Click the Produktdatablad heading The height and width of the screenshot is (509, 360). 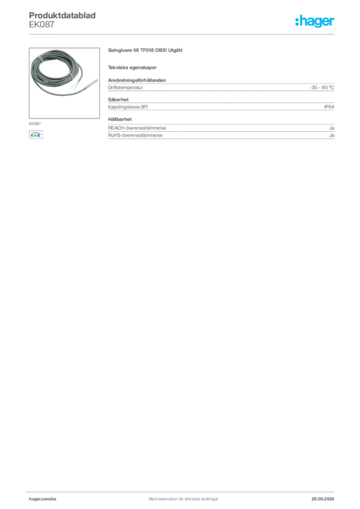[x=62, y=15]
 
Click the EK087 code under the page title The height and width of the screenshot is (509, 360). [x=42, y=25]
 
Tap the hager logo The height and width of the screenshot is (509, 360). [x=315, y=21]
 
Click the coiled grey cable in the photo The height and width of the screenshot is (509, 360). [x=56, y=72]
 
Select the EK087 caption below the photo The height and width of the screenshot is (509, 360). [x=35, y=124]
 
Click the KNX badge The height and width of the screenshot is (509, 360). [x=36, y=135]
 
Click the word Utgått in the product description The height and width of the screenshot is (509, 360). [x=176, y=50]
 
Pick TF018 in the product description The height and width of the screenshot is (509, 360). [x=147, y=50]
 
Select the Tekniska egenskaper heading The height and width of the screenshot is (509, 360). [x=132, y=68]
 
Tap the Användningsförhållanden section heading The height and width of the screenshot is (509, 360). [x=137, y=80]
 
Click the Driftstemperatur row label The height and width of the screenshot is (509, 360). [x=125, y=87]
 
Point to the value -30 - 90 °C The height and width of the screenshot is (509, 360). [x=322, y=87]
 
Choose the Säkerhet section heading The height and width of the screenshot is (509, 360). [x=118, y=99]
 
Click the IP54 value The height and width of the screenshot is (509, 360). [x=329, y=107]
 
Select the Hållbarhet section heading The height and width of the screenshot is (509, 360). [x=120, y=119]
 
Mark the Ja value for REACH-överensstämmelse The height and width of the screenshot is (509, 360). [x=332, y=128]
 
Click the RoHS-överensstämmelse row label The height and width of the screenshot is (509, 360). [x=135, y=135]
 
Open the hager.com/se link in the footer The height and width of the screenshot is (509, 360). [x=43, y=499]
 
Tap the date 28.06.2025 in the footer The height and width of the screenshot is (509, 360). [x=323, y=499]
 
